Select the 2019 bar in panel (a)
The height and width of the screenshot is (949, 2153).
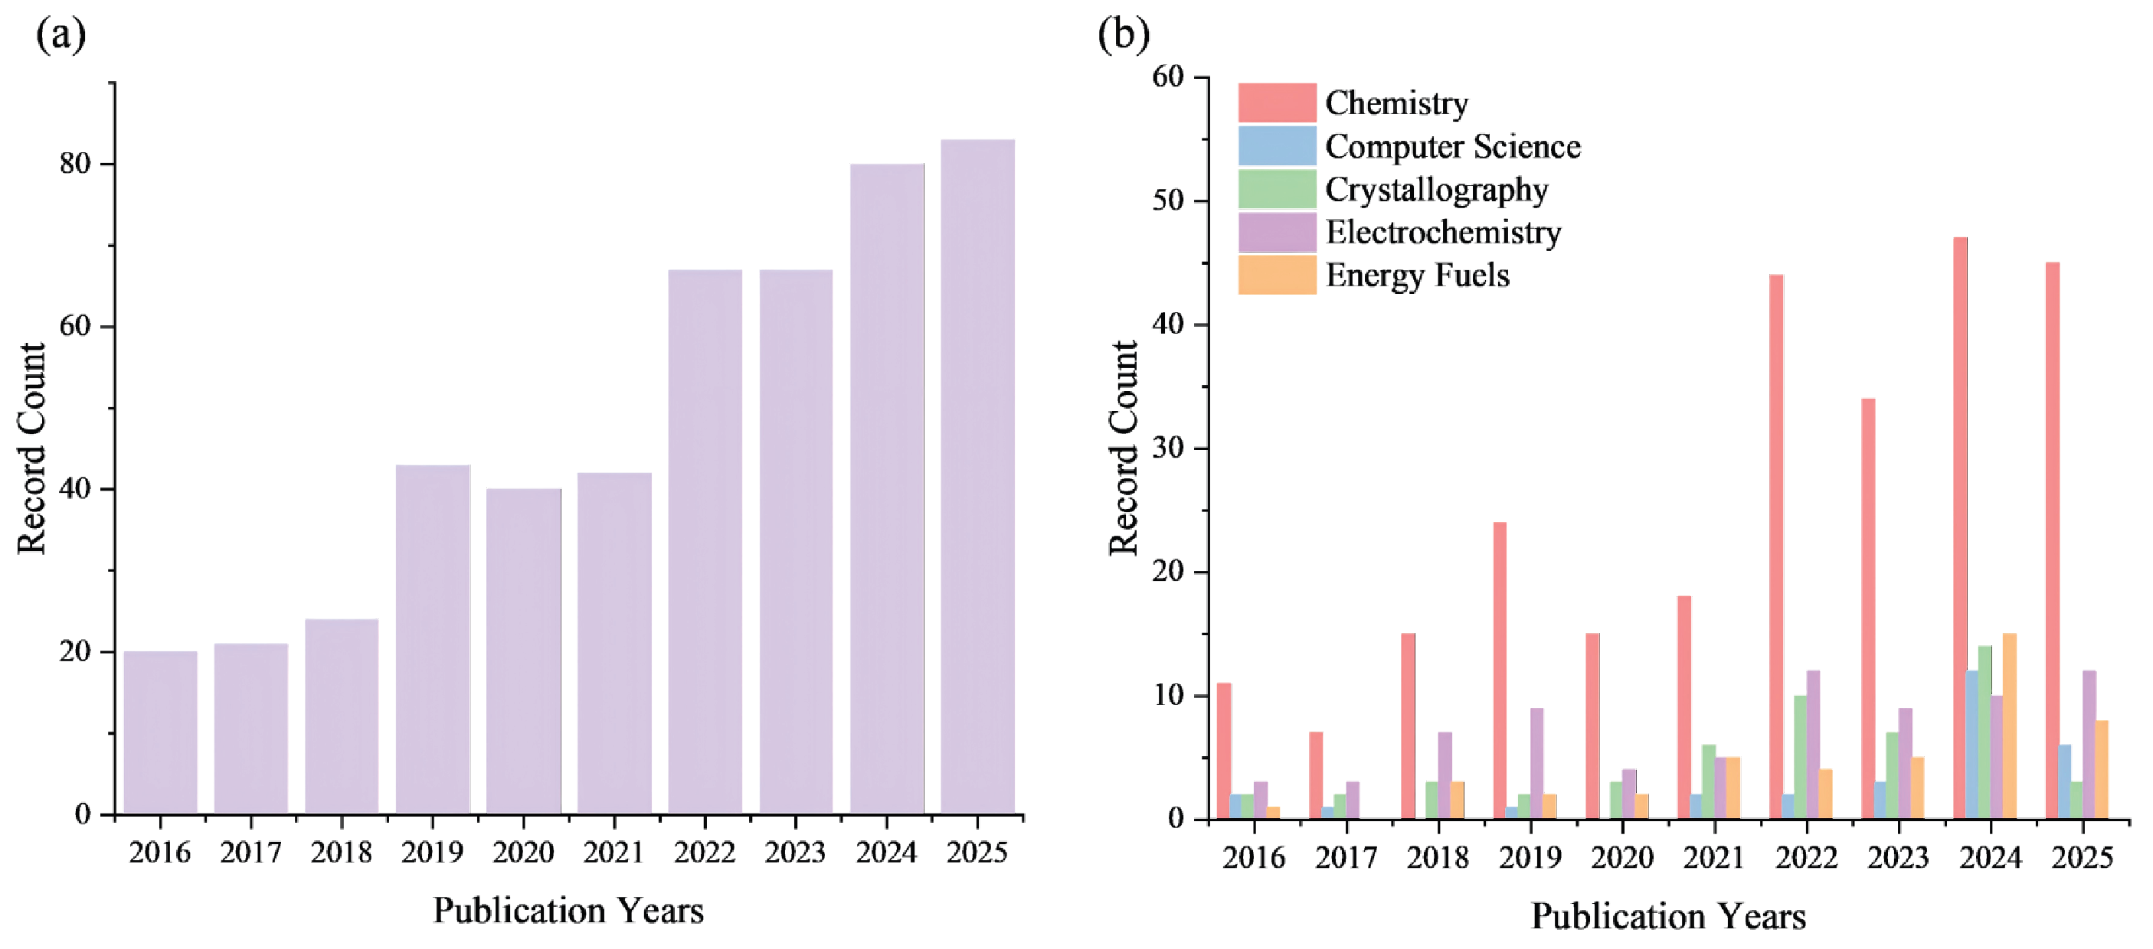tap(433, 639)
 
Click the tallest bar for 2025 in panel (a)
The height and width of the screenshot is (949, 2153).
tap(977, 476)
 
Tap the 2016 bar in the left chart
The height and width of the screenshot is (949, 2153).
tap(161, 732)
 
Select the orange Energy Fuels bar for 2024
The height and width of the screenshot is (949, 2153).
tap(2009, 726)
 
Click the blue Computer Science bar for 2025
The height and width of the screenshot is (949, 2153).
tap(2064, 781)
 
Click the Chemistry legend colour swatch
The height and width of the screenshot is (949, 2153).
tap(1276, 102)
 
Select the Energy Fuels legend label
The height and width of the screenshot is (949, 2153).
tap(1418, 275)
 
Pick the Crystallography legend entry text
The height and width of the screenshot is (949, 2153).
tap(1436, 189)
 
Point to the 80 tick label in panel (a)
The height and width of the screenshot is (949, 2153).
tap(74, 164)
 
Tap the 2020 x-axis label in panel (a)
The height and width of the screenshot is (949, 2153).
tap(522, 853)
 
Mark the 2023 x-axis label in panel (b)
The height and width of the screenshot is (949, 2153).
tap(1898, 857)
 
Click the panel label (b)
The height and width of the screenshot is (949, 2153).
tap(1123, 34)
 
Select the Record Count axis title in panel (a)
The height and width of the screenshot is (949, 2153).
tap(31, 448)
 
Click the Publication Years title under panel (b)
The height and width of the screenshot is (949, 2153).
tap(1667, 916)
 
